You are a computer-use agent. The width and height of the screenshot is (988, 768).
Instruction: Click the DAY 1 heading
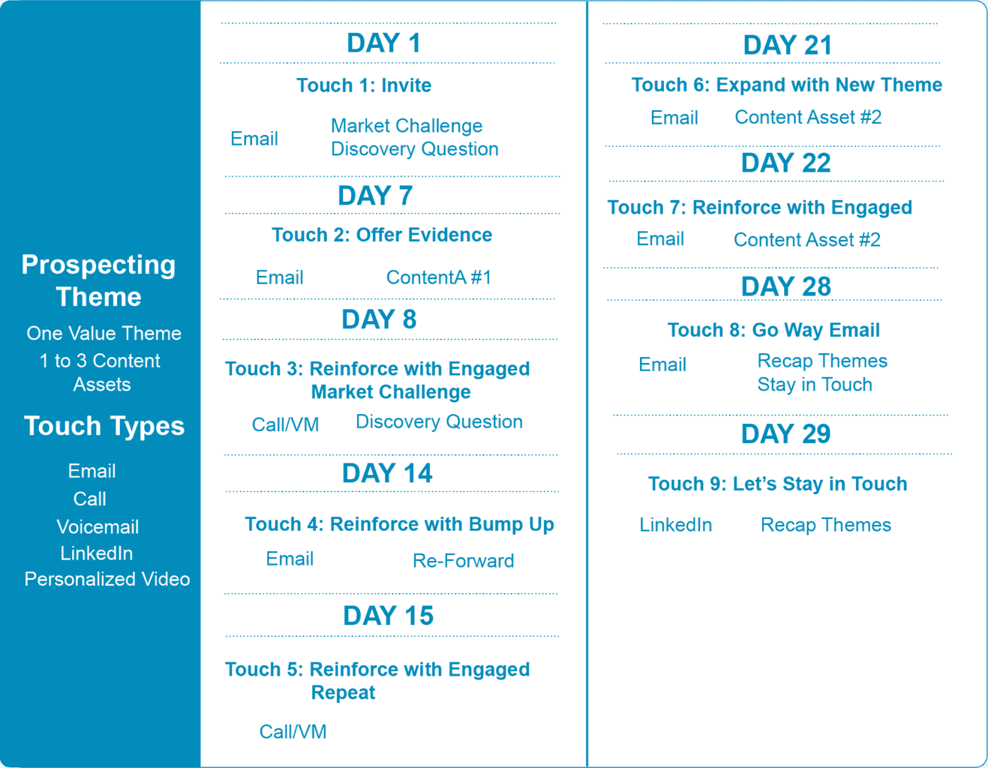[x=384, y=43]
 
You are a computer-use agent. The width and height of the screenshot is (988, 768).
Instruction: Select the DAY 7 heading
[x=375, y=196]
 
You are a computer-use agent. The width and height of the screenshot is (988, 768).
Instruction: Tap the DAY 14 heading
[x=387, y=473]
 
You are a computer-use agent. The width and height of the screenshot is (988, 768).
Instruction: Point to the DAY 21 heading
[x=787, y=45]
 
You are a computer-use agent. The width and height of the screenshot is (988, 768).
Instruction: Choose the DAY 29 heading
[x=785, y=433]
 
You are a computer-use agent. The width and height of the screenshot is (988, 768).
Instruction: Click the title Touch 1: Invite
[x=364, y=85]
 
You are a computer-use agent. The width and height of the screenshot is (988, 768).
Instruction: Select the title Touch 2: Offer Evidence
[x=382, y=235]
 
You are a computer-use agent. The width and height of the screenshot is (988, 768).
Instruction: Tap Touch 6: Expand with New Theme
[x=787, y=85]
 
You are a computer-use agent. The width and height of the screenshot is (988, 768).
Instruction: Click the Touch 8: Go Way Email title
[x=773, y=331]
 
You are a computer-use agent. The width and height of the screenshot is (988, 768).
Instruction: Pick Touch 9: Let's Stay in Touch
[x=777, y=484]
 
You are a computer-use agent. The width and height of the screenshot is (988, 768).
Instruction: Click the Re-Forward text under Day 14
[x=464, y=561]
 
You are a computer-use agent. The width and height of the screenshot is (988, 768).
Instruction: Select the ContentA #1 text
[x=439, y=277]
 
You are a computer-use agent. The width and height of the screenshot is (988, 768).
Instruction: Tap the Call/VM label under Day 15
[x=293, y=732]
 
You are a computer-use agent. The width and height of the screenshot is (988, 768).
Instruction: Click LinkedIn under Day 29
[x=676, y=525]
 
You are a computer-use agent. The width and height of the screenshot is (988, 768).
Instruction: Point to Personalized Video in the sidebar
[x=107, y=580]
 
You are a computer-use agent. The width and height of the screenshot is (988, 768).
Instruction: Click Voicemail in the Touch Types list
[x=98, y=527]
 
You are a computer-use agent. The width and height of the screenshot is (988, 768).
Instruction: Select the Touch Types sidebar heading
[x=104, y=426]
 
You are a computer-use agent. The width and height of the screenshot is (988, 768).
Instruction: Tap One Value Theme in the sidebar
[x=104, y=334]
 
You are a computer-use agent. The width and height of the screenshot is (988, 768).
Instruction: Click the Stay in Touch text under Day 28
[x=815, y=385]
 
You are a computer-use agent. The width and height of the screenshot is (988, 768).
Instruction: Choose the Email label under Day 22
[x=659, y=239]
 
